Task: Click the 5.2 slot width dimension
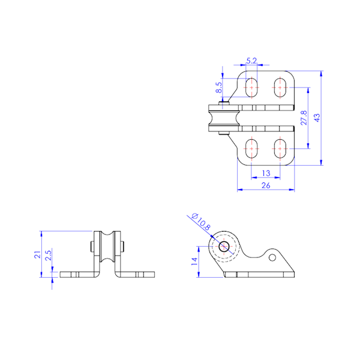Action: [251, 61]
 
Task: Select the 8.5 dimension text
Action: [219, 88]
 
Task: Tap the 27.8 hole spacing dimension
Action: [304, 118]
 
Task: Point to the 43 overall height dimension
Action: [317, 118]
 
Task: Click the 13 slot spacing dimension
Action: [266, 173]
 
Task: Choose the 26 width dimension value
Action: [266, 185]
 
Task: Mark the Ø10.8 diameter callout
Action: [200, 221]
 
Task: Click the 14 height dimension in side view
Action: [194, 262]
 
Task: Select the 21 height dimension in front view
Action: [37, 254]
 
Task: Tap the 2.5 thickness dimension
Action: [49, 255]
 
